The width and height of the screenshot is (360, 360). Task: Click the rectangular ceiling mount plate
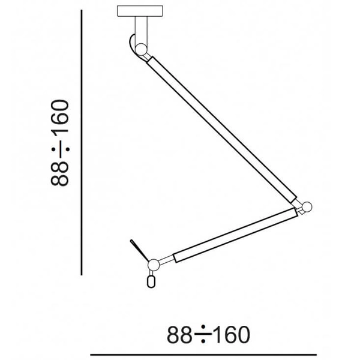(140, 11)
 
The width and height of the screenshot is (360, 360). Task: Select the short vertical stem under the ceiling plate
(141, 30)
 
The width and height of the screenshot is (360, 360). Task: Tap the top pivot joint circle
(141, 49)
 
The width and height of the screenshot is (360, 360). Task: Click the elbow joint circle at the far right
(307, 207)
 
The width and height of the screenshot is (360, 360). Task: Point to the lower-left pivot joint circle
(154, 265)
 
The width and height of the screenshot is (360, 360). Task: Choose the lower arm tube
(235, 235)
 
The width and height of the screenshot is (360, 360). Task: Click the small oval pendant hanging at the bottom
(151, 281)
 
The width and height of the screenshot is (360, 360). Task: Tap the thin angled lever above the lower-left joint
(139, 250)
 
